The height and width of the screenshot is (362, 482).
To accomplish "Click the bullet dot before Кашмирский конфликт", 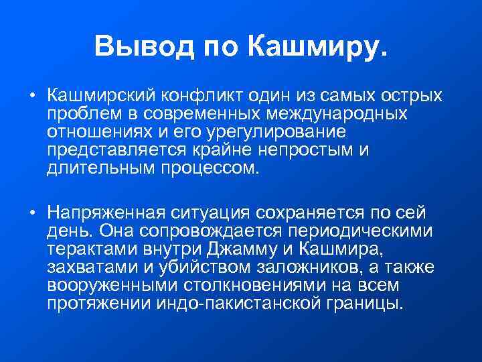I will pos(32,95).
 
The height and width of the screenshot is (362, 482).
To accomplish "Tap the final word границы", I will pos(372,304).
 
